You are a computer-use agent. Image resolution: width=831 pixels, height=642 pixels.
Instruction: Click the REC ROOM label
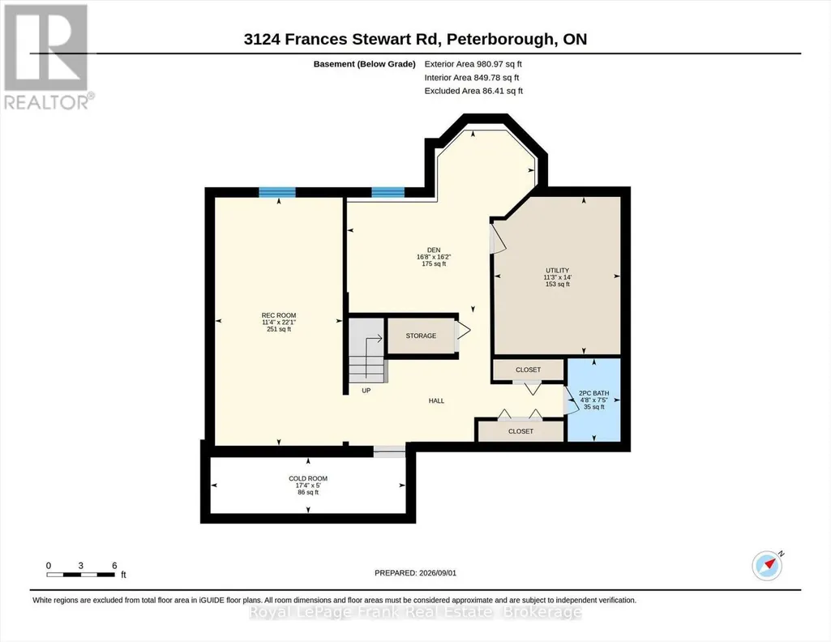tap(279, 315)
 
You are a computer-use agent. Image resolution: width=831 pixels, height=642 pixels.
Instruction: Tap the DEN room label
tap(434, 250)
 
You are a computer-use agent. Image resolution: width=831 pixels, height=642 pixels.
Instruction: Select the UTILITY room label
tap(557, 270)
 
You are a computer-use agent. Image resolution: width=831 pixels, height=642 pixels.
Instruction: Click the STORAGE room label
tap(421, 336)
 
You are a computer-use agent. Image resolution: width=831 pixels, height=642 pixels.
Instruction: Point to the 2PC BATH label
tap(593, 393)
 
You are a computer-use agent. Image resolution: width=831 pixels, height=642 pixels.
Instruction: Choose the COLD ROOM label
tap(308, 478)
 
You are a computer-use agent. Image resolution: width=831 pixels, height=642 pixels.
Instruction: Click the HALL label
tap(436, 401)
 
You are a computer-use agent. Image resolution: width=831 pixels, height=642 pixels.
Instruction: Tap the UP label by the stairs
tap(366, 391)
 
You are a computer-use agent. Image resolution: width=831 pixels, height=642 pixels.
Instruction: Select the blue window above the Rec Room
tap(276, 192)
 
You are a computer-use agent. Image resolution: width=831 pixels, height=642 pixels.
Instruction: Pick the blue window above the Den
tap(388, 192)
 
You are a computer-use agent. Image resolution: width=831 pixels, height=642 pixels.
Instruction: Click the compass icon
tap(767, 565)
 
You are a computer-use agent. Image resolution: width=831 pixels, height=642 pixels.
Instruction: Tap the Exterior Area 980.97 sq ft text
tap(473, 64)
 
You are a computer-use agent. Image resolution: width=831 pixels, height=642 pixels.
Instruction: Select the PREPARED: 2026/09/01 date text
tap(415, 573)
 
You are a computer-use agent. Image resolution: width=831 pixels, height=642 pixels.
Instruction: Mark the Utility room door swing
tap(498, 238)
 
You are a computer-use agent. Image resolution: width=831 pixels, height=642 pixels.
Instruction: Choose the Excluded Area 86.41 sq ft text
tap(473, 91)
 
